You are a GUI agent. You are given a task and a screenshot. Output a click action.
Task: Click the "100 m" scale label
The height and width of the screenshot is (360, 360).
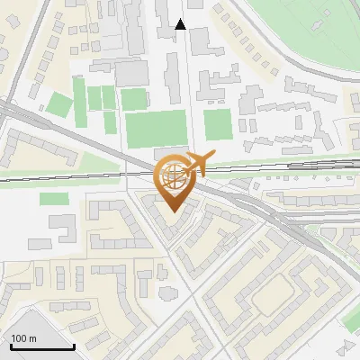pos(23,338)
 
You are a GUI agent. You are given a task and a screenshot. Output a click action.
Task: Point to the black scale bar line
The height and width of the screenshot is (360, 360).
pos(42,347)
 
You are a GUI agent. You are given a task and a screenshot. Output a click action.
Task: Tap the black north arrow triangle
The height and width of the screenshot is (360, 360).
pos(180,24)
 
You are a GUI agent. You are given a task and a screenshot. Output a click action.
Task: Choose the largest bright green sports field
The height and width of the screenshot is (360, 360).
pos(155,129)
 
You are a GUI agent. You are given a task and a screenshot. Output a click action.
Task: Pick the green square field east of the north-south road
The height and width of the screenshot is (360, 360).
pos(217,123)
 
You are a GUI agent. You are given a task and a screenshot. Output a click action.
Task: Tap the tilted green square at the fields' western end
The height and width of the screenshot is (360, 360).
pos(58,103)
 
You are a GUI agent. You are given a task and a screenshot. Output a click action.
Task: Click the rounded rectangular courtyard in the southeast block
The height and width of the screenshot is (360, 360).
pos(275,296)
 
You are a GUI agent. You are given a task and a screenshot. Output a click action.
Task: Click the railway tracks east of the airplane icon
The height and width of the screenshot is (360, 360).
pos(270,166)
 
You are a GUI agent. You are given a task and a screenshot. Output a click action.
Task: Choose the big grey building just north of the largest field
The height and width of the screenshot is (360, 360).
pos(131,72)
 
